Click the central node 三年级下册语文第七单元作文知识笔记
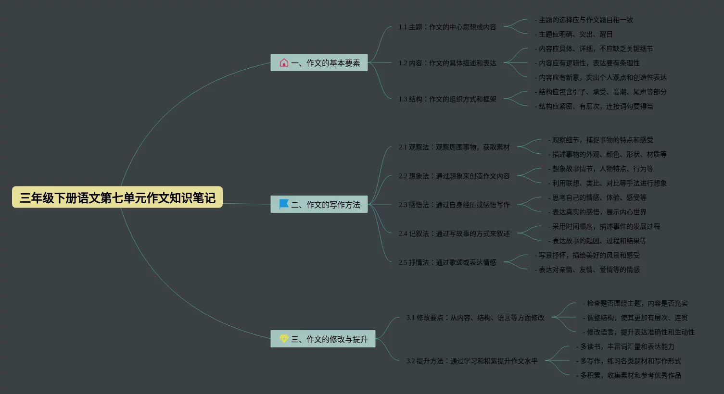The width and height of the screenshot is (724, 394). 117,197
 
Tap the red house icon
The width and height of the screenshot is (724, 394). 284,62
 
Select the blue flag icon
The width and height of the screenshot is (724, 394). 284,204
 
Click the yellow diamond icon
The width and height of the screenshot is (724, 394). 284,339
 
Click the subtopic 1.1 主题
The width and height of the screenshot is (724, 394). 447,27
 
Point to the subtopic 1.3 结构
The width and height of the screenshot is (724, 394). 447,99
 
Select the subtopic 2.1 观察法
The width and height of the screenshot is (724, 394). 454,147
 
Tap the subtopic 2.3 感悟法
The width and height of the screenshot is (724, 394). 454,205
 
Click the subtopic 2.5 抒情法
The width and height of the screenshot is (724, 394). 447,262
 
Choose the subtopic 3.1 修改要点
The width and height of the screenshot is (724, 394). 475,318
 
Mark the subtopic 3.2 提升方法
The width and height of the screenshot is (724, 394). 471,361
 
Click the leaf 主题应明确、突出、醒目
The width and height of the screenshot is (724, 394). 574,34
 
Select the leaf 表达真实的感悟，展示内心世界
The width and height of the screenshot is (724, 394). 597,212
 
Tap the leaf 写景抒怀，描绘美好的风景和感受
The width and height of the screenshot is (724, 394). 587,255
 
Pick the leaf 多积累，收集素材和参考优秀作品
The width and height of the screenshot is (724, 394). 629,375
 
